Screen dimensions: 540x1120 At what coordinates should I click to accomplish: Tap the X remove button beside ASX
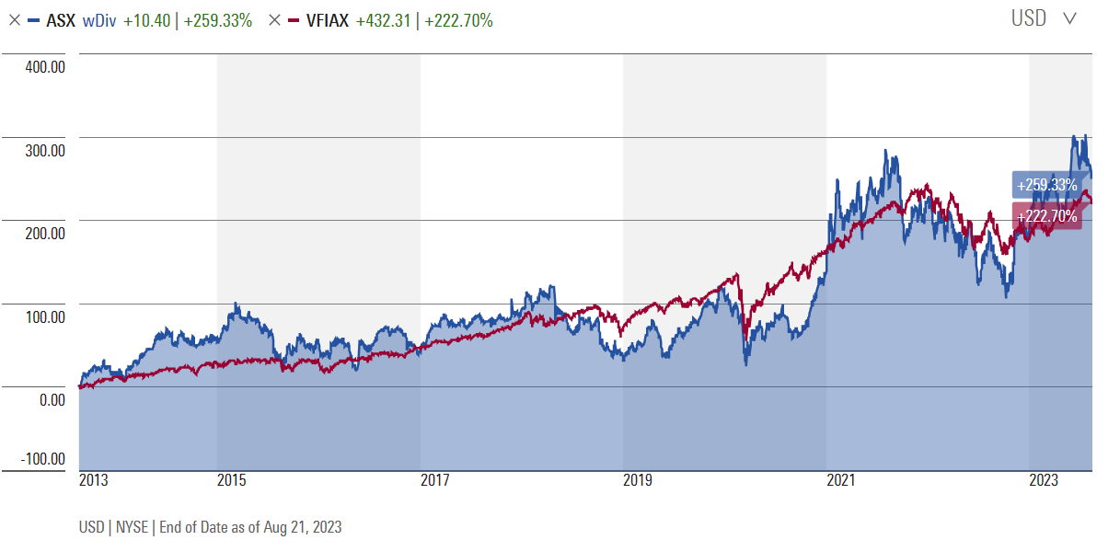tap(13, 20)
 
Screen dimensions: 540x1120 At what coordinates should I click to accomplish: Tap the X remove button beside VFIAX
tap(274, 20)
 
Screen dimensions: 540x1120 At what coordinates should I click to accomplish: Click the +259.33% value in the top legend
tap(218, 20)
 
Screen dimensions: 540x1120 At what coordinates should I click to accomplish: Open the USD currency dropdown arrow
tap(1069, 18)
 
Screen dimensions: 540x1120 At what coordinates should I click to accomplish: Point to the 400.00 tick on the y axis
tap(43, 67)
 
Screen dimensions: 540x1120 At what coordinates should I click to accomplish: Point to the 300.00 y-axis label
tap(43, 151)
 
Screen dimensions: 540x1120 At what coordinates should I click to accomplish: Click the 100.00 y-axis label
tap(43, 317)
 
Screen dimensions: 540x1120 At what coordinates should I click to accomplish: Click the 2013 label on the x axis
tap(94, 481)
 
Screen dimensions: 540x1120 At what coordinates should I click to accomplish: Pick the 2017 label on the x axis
tap(435, 481)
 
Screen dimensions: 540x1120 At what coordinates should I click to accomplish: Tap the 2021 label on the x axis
tap(841, 481)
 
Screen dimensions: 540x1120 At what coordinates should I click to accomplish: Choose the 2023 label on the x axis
tap(1044, 481)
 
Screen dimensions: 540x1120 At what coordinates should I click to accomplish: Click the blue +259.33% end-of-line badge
tap(1045, 185)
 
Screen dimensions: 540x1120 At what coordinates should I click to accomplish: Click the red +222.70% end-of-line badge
tap(1046, 216)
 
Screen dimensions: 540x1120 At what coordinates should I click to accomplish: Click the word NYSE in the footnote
tap(132, 527)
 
